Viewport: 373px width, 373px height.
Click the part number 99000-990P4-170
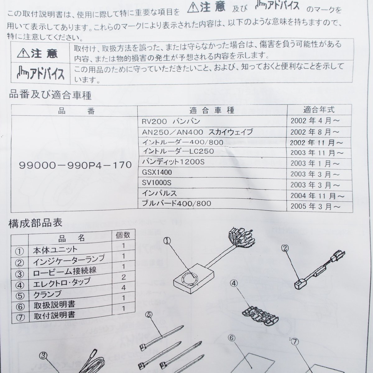click(75, 165)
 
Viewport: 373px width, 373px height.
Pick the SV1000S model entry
click(157, 182)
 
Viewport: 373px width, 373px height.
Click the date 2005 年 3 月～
click(315, 206)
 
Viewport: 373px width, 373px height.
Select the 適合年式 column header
click(319, 109)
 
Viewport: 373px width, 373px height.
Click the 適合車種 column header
click(212, 110)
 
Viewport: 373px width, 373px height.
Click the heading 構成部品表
click(36, 223)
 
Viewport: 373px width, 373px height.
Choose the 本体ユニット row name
click(55, 250)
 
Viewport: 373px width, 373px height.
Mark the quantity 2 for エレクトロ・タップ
click(123, 277)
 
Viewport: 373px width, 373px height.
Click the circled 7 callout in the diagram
click(295, 342)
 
